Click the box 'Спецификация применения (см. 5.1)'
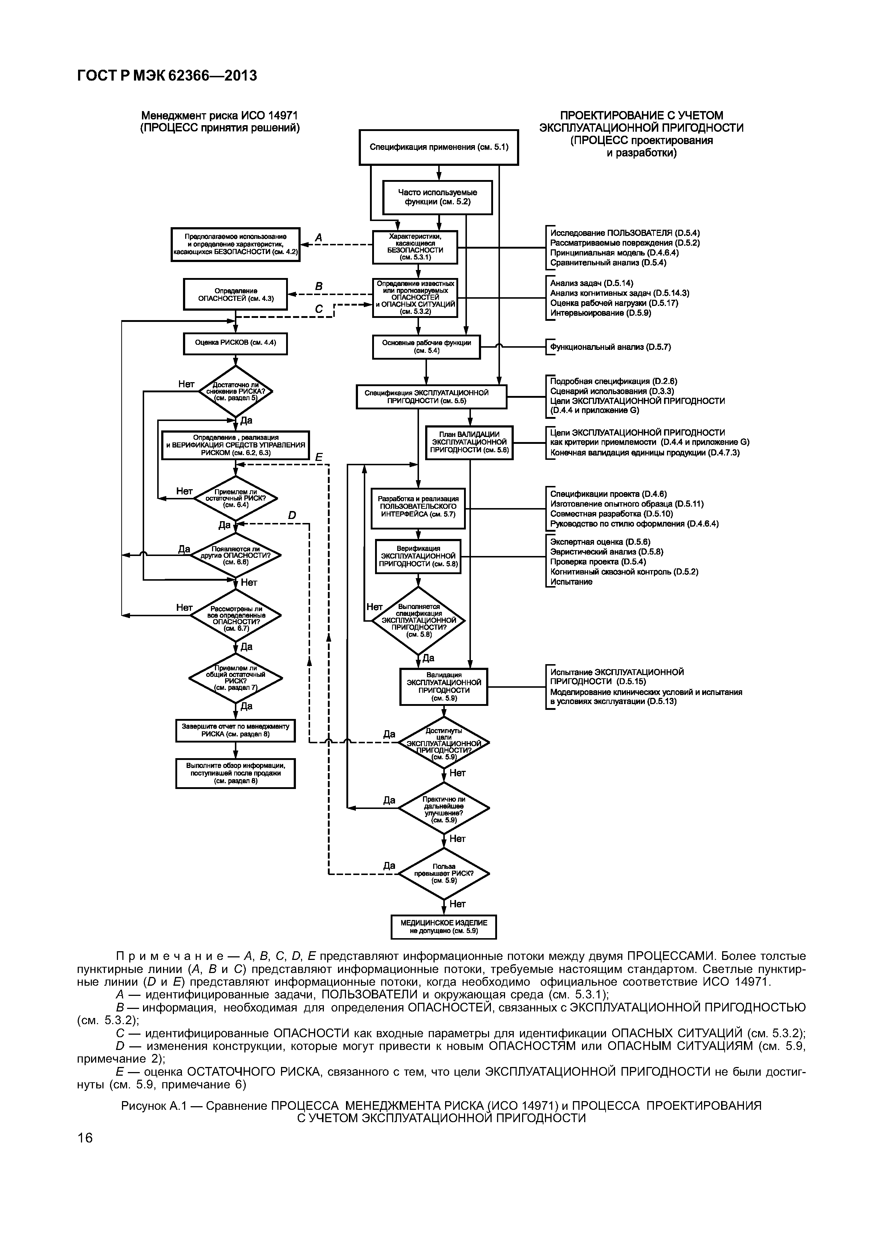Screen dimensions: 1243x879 tap(439, 147)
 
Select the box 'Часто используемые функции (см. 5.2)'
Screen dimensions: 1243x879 tap(438, 197)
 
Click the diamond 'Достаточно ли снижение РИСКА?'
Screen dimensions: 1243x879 tap(236, 391)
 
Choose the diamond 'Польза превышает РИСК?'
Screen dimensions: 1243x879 tap(444, 873)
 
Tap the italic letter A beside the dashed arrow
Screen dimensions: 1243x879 tap(318, 237)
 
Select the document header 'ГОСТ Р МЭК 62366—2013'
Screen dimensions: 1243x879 tap(167, 76)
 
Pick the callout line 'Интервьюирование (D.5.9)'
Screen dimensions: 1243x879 tap(601, 313)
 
